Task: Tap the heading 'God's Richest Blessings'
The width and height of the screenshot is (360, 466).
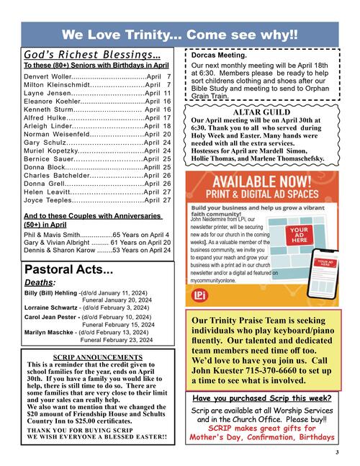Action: [92, 55]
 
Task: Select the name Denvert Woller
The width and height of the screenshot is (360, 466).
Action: [48, 76]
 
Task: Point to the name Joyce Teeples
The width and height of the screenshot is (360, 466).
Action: [47, 200]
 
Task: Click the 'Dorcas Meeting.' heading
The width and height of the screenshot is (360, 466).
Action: [220, 55]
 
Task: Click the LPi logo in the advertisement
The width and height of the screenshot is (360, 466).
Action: [200, 296]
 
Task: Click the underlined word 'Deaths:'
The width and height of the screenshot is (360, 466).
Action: [39, 282]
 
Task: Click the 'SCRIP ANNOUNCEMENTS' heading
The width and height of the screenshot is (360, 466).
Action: [98, 357]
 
